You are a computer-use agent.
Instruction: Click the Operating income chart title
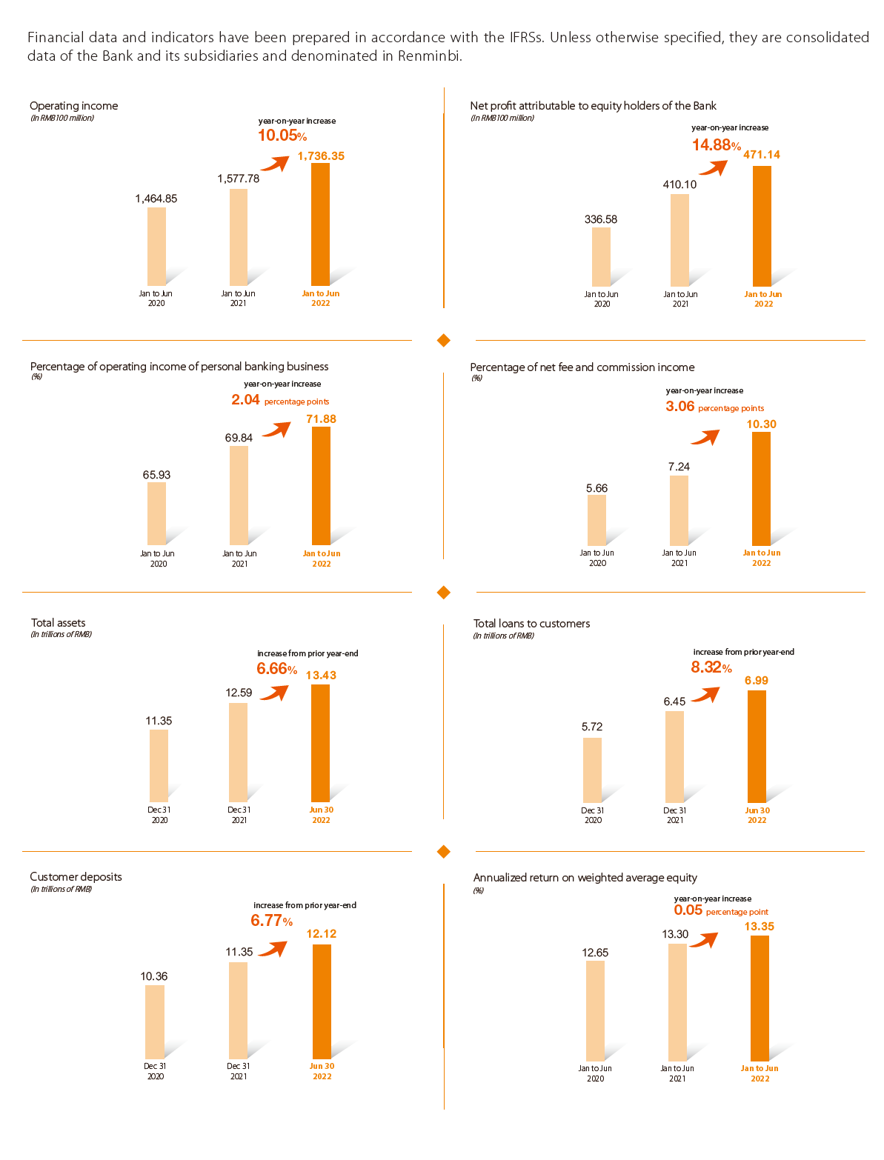coord(74,106)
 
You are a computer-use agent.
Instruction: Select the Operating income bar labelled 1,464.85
coord(156,246)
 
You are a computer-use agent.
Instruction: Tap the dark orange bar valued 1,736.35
coord(320,224)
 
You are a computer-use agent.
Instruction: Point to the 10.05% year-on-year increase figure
coord(282,136)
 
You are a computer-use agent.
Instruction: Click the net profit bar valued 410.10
coord(679,240)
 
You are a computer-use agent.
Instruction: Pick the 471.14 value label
coord(762,155)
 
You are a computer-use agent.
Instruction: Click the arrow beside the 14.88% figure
coord(714,167)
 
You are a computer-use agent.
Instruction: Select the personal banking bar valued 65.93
coord(156,513)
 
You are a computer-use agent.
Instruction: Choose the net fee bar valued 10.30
coord(761,489)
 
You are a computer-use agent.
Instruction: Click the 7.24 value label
coord(679,467)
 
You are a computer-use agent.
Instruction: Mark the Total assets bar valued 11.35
coord(159,765)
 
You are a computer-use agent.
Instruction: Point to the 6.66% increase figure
coord(276,669)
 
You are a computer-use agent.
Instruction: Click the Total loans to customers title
coord(532,624)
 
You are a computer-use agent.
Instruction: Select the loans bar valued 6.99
coord(757,746)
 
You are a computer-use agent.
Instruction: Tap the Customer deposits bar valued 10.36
coord(155,1021)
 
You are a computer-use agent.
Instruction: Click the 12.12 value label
coord(322,934)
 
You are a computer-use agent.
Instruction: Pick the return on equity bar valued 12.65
coord(595,1010)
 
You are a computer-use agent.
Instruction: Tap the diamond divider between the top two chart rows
coord(444,340)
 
